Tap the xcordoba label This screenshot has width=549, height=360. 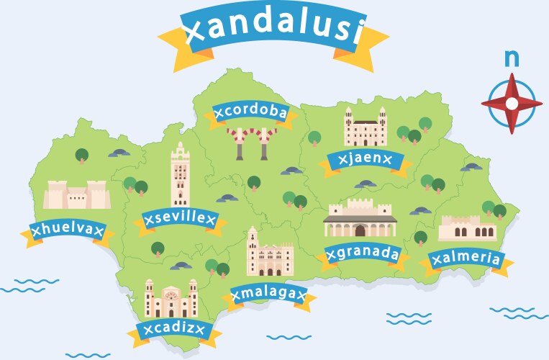250,113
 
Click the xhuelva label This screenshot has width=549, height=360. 68,230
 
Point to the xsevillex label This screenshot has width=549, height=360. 179,220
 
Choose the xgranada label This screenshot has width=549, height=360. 362,253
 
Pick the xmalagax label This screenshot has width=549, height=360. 268,294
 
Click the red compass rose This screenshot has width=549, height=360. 512,103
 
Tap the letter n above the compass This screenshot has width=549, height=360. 512,58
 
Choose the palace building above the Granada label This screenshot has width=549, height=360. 360,220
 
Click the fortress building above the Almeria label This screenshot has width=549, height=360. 468,228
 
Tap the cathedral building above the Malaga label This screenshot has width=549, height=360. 268,253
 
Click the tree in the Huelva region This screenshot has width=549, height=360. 82,155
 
